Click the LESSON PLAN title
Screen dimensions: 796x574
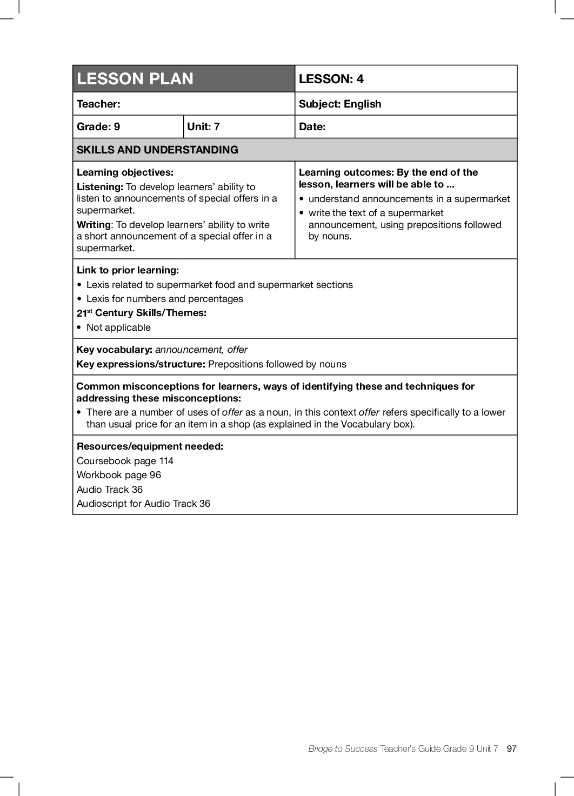(x=135, y=79)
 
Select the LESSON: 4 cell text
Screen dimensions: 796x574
(x=331, y=79)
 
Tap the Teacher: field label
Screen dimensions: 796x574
(x=98, y=104)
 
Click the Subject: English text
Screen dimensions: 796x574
(x=339, y=104)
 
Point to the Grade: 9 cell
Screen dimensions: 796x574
(x=98, y=126)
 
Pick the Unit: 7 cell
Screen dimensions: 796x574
(x=203, y=126)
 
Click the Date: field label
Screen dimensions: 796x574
(x=312, y=126)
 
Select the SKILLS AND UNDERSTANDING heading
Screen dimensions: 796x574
(x=157, y=150)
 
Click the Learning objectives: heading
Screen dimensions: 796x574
(x=125, y=172)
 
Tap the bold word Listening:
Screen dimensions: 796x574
(x=100, y=187)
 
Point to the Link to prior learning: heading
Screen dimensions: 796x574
(x=128, y=270)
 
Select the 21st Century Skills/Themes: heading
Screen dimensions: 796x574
(x=142, y=313)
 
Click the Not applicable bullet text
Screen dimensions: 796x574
(x=118, y=327)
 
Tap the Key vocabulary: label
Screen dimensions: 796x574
(x=114, y=350)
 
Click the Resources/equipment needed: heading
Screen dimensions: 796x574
(x=150, y=446)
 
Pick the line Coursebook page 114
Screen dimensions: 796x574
(x=125, y=461)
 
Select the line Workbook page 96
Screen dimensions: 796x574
(x=119, y=475)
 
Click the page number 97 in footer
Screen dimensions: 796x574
(x=511, y=748)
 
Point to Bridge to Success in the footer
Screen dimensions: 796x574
(x=343, y=748)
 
